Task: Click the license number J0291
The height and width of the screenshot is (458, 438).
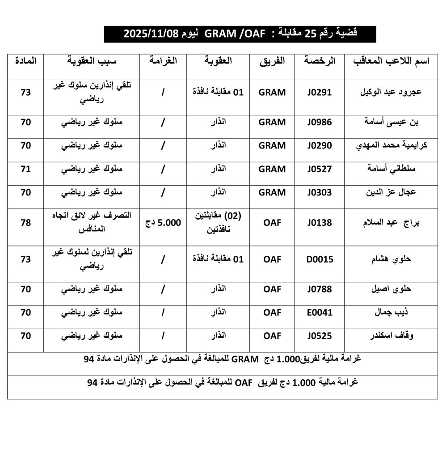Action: coord(320,93)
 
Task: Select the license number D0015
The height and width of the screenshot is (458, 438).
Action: coord(320,259)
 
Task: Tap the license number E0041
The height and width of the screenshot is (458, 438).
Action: coord(320,312)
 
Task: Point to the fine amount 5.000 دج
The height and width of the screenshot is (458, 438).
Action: coord(163,222)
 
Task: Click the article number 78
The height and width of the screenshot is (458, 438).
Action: coord(26,222)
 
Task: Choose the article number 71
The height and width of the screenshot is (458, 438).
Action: coord(26,169)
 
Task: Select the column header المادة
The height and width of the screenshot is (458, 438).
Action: coord(26,60)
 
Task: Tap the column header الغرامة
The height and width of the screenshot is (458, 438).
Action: coord(163,61)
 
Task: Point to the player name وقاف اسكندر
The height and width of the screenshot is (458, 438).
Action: coord(389,336)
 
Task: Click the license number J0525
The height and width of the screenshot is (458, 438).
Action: coord(320,336)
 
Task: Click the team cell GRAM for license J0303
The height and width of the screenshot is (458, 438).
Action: coord(272,193)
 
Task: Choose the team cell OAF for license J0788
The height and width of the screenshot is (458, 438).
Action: coord(272,289)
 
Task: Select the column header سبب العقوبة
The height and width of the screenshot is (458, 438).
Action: coord(92,61)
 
